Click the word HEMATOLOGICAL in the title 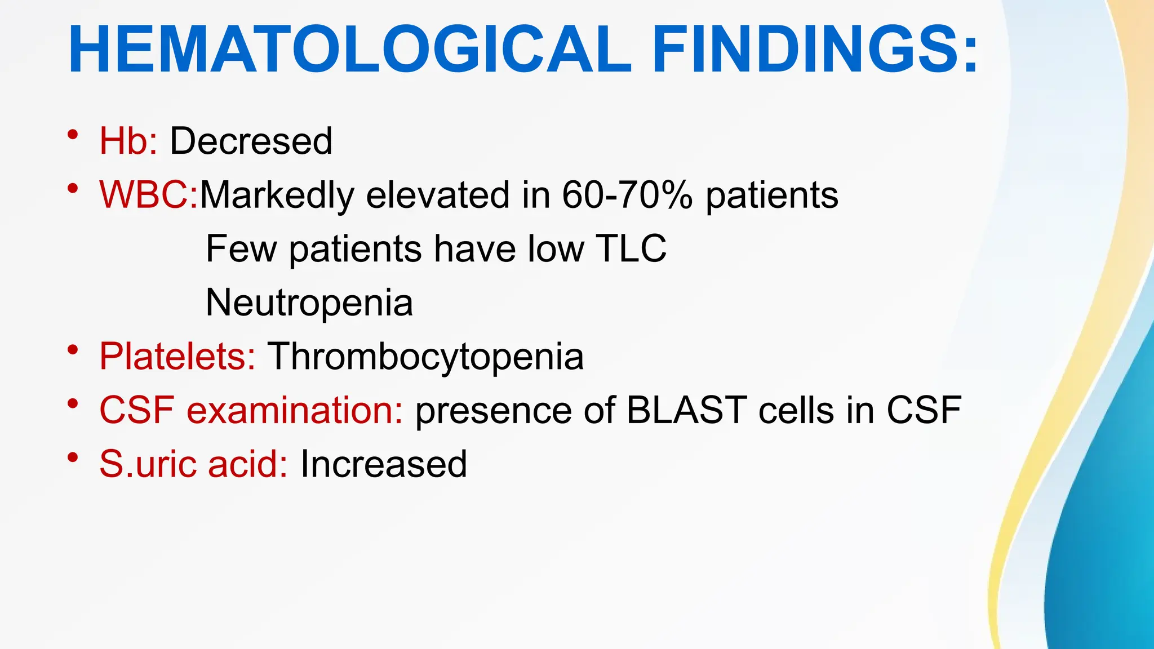click(349, 50)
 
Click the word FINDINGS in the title click(814, 50)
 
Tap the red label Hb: click(128, 141)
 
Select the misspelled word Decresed click(251, 141)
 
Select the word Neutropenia click(309, 303)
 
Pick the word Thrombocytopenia click(425, 356)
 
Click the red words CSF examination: click(251, 410)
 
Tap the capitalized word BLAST click(686, 410)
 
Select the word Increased click(384, 464)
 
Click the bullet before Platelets click(72, 350)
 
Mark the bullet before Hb click(72, 135)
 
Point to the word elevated click(438, 195)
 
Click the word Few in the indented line click(241, 248)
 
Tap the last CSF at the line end click(924, 410)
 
